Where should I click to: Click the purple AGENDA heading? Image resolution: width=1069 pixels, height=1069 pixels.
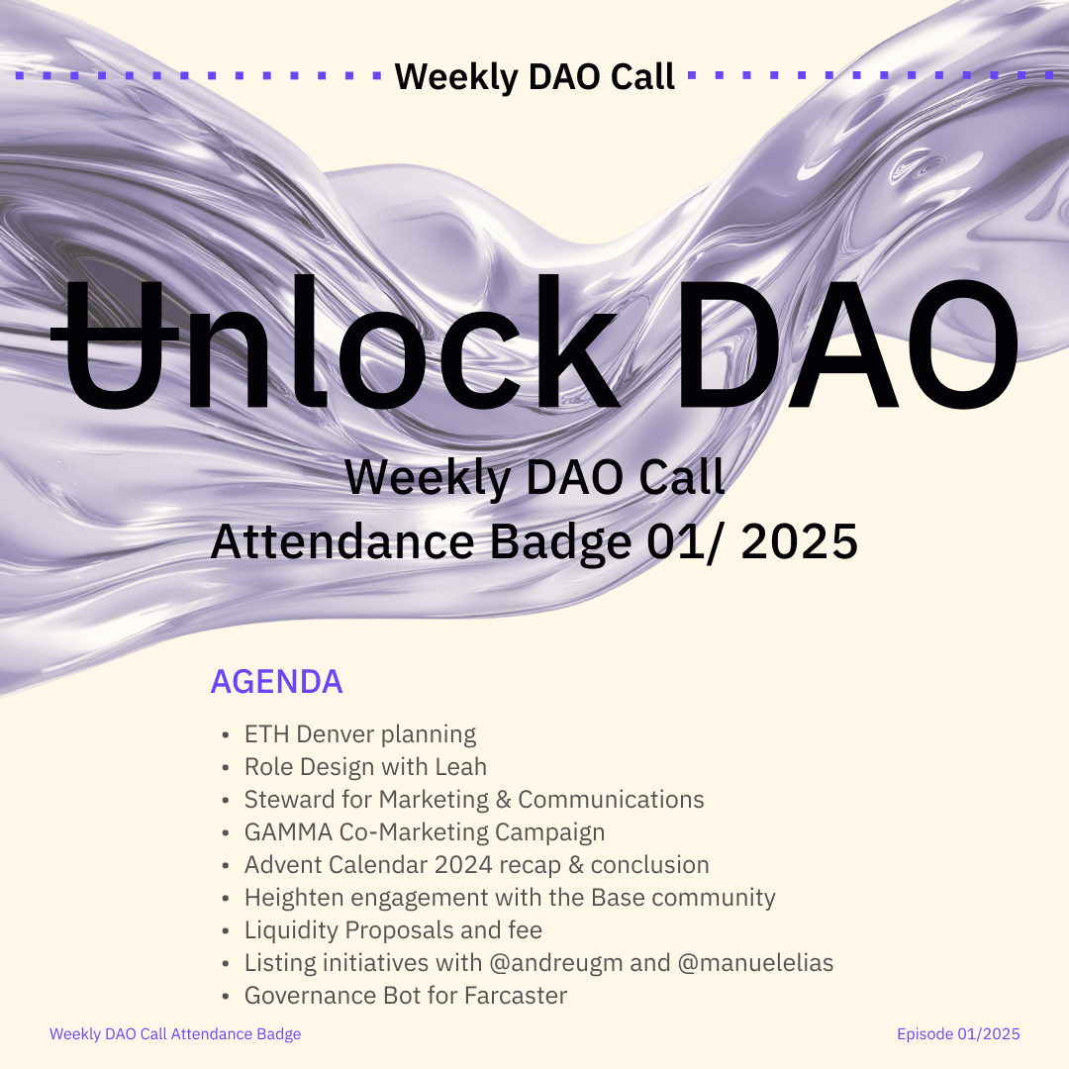pos(276,681)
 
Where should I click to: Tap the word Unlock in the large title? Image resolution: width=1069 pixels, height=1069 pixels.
pos(335,341)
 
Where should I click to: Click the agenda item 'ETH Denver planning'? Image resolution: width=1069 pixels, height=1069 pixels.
pos(360,734)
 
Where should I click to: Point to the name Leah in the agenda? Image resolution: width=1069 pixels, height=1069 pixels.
pos(461,766)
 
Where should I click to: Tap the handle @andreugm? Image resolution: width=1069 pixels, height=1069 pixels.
pos(556,963)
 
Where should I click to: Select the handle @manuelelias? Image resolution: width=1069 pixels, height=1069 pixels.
pos(755,963)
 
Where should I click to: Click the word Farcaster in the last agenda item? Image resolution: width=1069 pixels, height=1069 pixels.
pos(516,996)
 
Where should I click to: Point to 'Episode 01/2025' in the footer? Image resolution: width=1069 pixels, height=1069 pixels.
pos(958,1033)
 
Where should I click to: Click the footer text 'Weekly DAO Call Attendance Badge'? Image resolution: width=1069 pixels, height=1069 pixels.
pos(175,1033)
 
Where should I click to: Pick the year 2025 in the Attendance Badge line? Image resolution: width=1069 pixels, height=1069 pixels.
pos(799,542)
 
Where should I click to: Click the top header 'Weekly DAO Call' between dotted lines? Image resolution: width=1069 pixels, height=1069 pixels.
pos(534,76)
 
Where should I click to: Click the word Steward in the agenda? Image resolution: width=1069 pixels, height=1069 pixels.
pos(289,799)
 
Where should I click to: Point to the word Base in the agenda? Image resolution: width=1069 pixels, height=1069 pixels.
pos(618,897)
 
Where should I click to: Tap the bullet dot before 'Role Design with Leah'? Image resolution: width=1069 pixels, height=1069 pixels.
pos(226,768)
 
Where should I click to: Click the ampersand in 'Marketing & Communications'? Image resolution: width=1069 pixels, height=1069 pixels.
pos(503,799)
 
